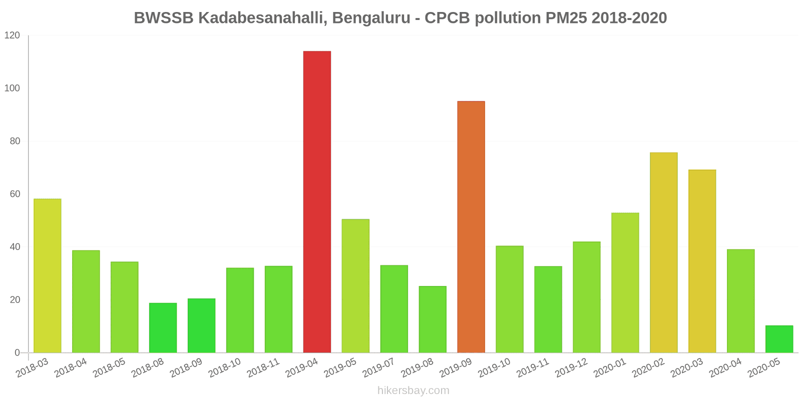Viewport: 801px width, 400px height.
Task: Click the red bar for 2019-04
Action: point(317,202)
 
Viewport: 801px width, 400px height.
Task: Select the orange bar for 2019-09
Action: point(471,227)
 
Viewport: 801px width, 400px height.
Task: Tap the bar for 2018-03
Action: point(48,276)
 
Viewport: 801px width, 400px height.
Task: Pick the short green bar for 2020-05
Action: point(779,339)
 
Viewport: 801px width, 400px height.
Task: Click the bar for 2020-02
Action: point(663,252)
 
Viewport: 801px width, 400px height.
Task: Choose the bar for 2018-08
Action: point(163,328)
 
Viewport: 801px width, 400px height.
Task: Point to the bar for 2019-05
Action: point(355,286)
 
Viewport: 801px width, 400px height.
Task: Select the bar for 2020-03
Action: point(702,261)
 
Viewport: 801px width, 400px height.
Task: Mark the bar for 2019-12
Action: point(586,297)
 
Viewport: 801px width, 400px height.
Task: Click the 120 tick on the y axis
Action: point(12,35)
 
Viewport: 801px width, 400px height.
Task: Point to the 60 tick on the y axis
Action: point(15,194)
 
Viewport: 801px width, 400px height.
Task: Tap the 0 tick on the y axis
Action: point(18,353)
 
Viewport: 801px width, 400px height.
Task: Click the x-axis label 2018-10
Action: point(225,368)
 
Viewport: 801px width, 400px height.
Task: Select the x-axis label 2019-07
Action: point(378,368)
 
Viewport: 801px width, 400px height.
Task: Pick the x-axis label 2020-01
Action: point(610,368)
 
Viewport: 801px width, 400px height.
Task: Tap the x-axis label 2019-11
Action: point(533,368)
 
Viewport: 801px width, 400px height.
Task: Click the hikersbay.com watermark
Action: point(414,390)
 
